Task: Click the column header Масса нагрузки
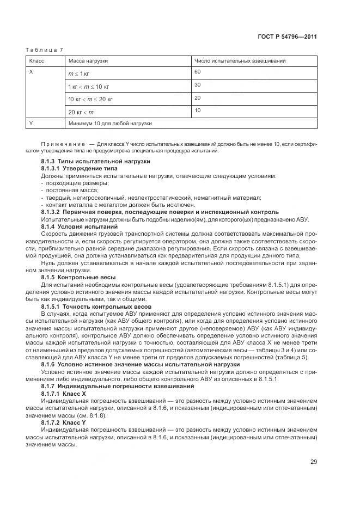[x=88, y=61]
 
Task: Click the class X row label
[x=31, y=72]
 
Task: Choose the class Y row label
[x=31, y=124]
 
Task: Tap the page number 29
[x=314, y=462]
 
